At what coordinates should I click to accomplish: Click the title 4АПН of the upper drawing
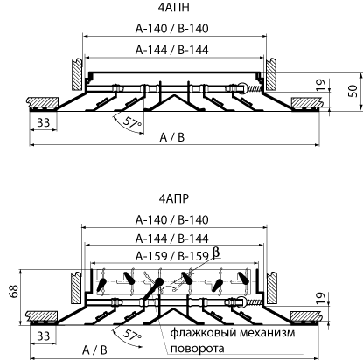[173, 8]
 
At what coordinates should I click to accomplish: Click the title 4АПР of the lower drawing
[174, 198]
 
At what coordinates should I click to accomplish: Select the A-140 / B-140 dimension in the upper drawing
[172, 29]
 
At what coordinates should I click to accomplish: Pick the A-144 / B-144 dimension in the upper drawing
[172, 50]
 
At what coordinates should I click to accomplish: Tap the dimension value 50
[353, 91]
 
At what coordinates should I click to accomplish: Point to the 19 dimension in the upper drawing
[320, 85]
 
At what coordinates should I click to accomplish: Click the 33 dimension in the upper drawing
[44, 122]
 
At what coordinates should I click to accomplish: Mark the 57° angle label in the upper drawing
[132, 123]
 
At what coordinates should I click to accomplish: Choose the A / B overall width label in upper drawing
[172, 137]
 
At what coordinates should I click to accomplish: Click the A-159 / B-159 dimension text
[172, 256]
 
